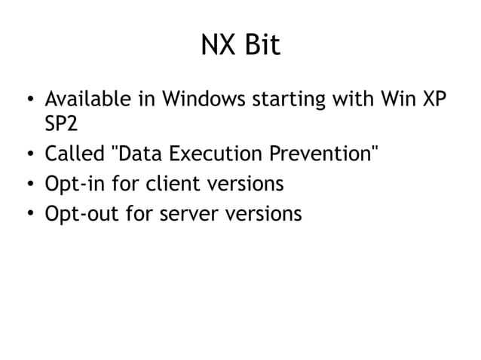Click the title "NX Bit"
coord(240,47)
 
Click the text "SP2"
coord(63,127)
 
